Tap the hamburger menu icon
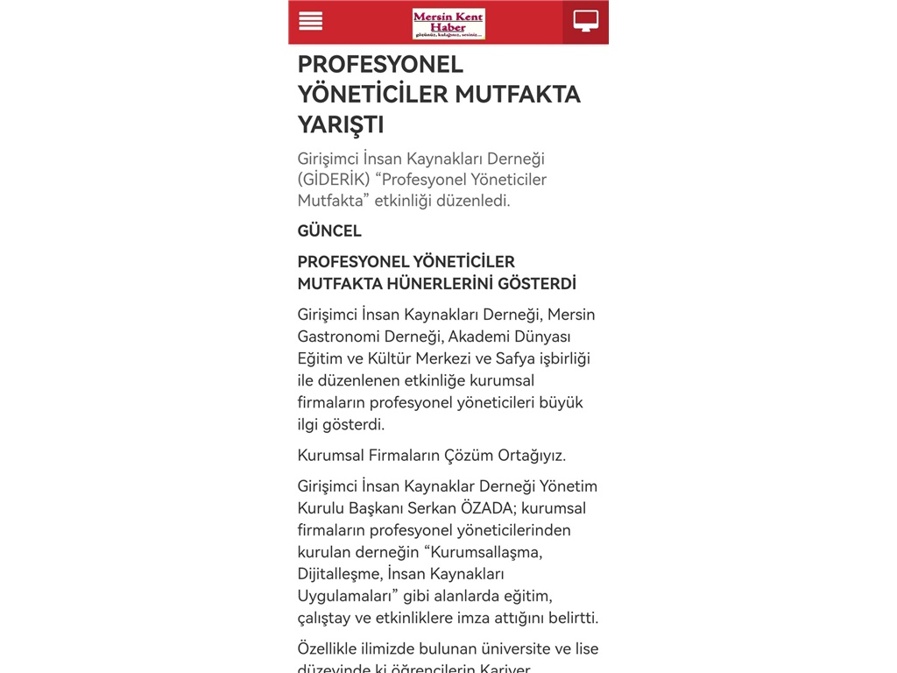click(x=311, y=21)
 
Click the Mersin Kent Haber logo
click(x=448, y=24)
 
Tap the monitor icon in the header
click(x=586, y=21)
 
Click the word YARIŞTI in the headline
click(x=341, y=124)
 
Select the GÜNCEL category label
click(x=329, y=231)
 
